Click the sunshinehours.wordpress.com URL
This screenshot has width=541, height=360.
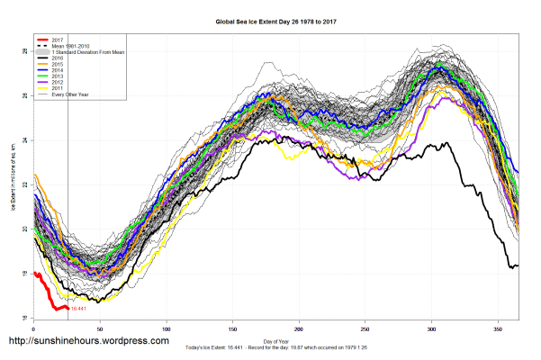pos(88,342)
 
